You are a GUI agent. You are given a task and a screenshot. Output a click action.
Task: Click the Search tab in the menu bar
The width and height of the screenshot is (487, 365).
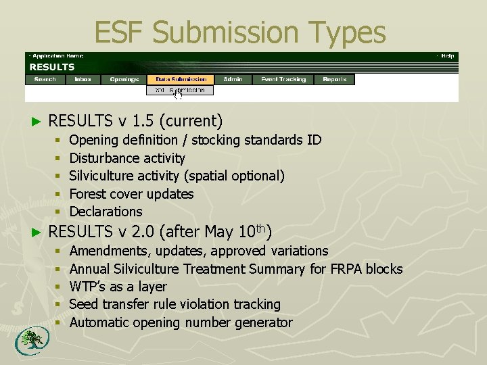(x=45, y=79)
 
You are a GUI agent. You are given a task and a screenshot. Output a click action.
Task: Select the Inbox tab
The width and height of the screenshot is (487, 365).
(x=83, y=79)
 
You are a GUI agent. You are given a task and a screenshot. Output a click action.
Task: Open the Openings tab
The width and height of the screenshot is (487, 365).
(x=124, y=79)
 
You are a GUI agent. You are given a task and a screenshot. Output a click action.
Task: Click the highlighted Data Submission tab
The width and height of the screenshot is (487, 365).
(x=181, y=79)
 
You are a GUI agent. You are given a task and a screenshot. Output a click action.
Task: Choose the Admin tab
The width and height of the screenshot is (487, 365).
(x=233, y=79)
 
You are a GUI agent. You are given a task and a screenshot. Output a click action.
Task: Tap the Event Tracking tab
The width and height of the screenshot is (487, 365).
(x=283, y=79)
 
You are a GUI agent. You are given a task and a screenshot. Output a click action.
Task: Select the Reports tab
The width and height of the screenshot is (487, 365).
(x=335, y=79)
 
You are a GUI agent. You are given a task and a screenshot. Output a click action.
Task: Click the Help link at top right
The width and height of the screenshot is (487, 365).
(x=447, y=56)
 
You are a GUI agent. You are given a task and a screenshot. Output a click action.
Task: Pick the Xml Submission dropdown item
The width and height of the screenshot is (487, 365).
(x=180, y=90)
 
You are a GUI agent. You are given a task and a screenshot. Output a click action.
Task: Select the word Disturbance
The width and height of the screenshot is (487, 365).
(x=103, y=158)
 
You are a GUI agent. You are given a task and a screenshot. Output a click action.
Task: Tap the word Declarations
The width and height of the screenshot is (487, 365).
(x=106, y=212)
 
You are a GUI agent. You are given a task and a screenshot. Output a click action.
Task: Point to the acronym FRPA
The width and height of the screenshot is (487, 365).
(x=346, y=269)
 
